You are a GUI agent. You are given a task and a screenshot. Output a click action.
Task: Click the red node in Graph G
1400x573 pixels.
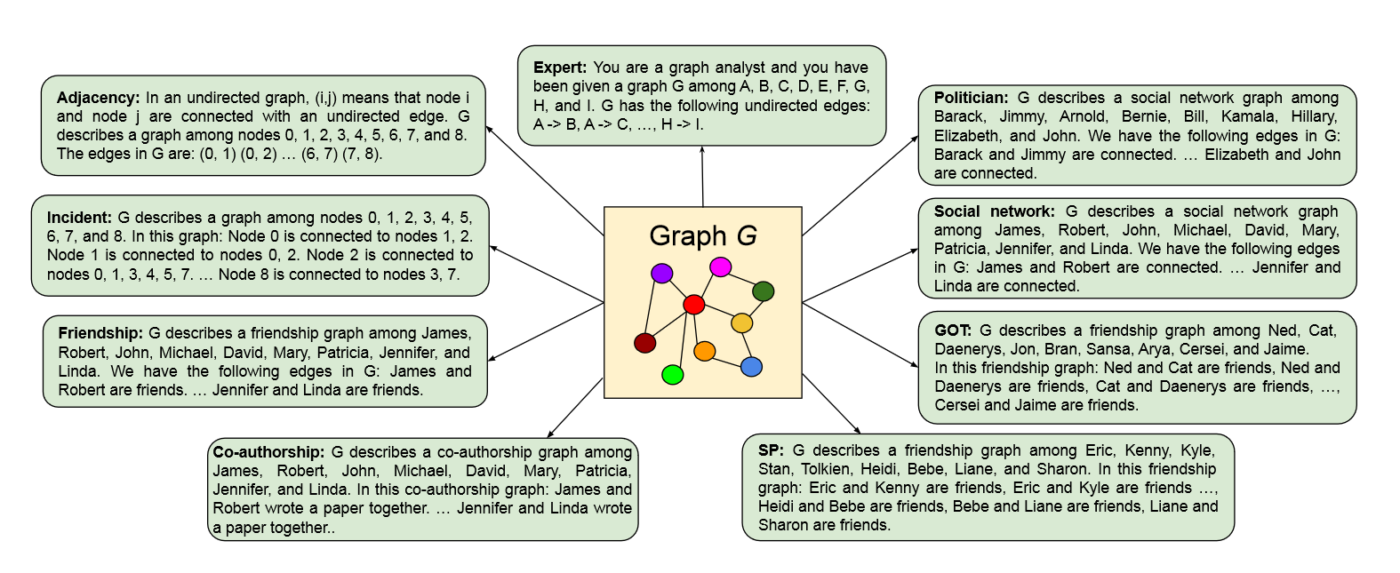coord(693,305)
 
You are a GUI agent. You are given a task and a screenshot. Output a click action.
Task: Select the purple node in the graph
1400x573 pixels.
coord(661,273)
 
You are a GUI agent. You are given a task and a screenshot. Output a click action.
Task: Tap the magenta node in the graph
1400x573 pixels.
coord(721,267)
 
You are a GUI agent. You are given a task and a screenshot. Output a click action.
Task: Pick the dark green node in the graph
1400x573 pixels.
coord(763,290)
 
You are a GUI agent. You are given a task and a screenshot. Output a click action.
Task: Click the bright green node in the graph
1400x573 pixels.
coord(673,375)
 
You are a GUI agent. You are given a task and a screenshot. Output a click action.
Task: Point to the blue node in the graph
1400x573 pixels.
coord(751,367)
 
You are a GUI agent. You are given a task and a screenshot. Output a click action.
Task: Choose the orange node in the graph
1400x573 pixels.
coord(704,351)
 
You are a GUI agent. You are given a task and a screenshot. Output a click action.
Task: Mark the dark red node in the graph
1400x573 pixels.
coord(645,343)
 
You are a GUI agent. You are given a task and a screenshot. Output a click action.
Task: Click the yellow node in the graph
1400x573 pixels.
coord(741,322)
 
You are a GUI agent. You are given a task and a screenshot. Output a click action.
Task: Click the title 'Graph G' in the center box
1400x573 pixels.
coord(702,235)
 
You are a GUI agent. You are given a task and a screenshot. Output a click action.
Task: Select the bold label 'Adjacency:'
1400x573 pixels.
coord(98,98)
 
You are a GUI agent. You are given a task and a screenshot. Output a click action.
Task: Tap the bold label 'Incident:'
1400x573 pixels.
coord(79,218)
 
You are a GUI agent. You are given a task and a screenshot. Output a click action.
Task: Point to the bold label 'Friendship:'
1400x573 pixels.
coord(100,333)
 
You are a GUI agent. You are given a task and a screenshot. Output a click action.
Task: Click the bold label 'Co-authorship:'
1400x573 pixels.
coord(268,452)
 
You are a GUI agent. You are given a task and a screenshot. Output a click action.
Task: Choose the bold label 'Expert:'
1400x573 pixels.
coord(560,68)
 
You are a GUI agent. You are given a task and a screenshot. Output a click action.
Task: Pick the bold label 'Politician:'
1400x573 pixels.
coord(971,98)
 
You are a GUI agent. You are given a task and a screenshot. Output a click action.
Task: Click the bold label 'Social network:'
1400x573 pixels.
coord(994,211)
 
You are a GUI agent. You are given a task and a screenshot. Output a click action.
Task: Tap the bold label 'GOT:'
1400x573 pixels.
coord(952,330)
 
